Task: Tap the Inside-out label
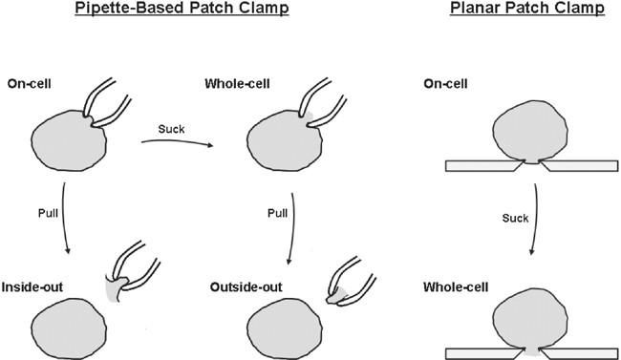[32, 286]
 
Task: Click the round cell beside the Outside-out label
[283, 327]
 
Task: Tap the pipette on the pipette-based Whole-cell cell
[324, 101]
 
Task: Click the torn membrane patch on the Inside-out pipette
[114, 286]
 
